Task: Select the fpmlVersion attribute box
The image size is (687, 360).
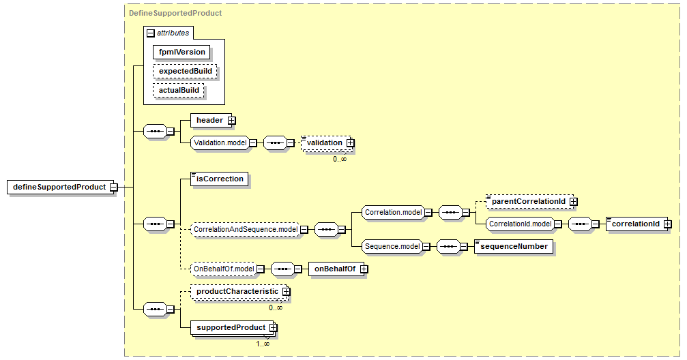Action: [x=181, y=52]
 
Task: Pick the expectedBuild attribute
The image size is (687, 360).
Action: [x=185, y=71]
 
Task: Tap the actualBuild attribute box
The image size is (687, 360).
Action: [x=179, y=90]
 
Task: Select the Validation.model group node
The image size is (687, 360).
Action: [x=220, y=142]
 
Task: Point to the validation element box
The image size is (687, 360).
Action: [x=326, y=142]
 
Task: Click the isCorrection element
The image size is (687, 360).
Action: [x=220, y=179]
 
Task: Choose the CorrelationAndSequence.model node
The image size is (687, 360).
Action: [x=246, y=230]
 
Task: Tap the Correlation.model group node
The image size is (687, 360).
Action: [x=393, y=213]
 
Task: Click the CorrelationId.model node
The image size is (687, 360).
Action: [x=520, y=224]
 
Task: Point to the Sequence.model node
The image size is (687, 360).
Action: [x=392, y=247]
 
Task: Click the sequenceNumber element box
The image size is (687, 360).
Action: [x=514, y=247]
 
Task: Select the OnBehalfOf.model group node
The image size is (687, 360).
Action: [x=224, y=269]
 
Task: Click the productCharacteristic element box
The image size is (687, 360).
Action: [x=239, y=292]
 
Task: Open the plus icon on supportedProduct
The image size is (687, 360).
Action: [x=274, y=327]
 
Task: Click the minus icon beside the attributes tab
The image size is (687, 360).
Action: [x=151, y=33]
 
